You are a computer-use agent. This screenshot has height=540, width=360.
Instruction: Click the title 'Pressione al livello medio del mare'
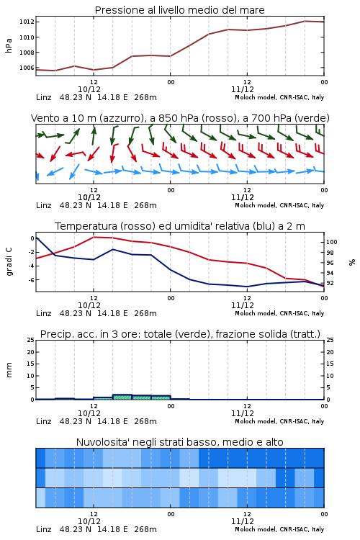[179, 10]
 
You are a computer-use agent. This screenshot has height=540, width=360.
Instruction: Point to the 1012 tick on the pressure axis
[27, 22]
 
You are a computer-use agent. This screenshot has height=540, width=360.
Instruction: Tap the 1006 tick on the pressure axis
[27, 68]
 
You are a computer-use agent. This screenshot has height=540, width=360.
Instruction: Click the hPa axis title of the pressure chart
[9, 45]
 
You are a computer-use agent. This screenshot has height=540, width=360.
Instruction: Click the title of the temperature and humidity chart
[179, 226]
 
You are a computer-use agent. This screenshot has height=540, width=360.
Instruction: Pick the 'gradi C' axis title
[9, 262]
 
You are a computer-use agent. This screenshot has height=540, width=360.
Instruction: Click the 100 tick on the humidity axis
[331, 242]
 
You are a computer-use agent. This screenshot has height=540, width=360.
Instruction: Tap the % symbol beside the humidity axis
[352, 262]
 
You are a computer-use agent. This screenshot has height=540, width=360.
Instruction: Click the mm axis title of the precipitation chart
[9, 370]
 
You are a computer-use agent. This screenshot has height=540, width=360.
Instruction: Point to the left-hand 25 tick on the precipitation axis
[31, 340]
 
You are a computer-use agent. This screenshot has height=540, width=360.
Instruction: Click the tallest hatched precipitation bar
[122, 397]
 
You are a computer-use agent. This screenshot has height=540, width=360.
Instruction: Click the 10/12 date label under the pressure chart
[89, 89]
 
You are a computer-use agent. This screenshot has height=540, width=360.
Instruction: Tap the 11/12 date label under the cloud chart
[243, 521]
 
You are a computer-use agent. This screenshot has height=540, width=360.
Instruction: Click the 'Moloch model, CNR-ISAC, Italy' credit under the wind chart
[279, 205]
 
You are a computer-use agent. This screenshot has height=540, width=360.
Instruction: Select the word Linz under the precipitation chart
[44, 421]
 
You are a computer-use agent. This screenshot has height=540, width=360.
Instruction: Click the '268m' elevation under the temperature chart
[145, 313]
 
